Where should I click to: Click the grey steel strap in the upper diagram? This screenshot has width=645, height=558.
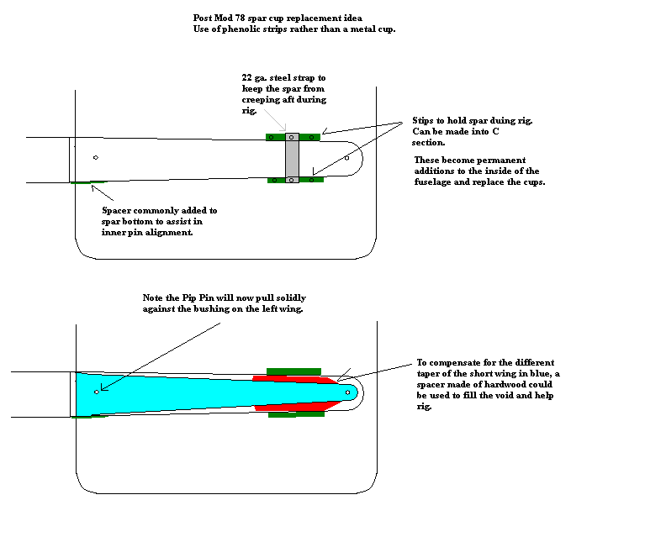tap(292, 158)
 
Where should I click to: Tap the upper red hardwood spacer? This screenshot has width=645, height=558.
tap(296, 380)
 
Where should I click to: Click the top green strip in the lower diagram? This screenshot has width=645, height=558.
tap(293, 371)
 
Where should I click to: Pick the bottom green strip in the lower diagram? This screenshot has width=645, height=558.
tap(296, 414)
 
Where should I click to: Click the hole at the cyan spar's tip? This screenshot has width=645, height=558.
tap(347, 392)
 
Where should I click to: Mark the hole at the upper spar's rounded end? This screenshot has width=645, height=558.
tap(346, 158)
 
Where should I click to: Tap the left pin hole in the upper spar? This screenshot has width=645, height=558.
tap(96, 157)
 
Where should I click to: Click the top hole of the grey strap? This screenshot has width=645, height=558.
tap(291, 137)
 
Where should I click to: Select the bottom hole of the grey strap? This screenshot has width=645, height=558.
tap(291, 180)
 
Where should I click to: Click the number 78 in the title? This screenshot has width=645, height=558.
tap(240, 18)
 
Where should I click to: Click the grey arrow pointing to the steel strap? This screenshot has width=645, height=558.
tap(275, 120)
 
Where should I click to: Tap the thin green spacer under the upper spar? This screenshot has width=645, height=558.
tap(89, 182)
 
